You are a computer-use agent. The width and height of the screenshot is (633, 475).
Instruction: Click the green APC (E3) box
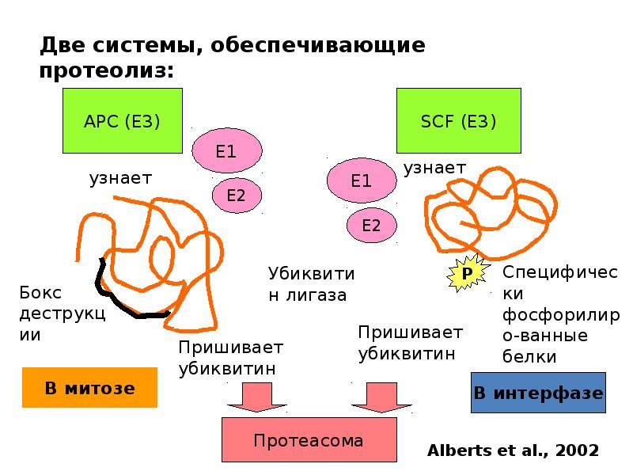coord(123,120)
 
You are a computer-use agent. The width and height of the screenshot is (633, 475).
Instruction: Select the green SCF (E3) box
coord(459,120)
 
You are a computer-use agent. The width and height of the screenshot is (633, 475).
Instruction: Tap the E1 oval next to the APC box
coord(226,150)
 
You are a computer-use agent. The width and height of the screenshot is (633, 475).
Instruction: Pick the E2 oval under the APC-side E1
coord(237,195)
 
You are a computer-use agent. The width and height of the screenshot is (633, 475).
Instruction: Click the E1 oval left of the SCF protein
coord(362,180)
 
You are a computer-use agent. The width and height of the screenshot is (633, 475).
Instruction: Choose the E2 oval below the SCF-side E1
coord(371,225)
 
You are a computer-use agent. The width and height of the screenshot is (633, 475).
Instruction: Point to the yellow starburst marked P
coord(468,273)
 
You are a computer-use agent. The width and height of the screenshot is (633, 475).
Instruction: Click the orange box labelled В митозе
coord(89,387)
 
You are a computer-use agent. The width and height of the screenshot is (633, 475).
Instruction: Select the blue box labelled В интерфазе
coord(538,393)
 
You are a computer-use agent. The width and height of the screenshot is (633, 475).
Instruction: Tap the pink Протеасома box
coord(309,439)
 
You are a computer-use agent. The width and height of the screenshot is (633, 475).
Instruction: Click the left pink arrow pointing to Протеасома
coord(256,397)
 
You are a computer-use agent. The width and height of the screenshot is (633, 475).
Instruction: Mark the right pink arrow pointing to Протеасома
coord(381,397)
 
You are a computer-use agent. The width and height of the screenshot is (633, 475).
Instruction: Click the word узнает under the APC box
coord(120,178)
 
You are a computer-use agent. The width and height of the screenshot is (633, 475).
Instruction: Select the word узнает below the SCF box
coord(434,168)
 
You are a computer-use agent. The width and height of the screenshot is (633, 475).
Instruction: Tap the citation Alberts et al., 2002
coord(513,450)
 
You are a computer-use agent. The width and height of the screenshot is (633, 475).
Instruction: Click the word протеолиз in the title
coord(107,70)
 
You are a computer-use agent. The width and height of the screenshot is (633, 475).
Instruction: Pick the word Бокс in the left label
coord(40,292)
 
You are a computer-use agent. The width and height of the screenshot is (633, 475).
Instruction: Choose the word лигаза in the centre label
coord(316,295)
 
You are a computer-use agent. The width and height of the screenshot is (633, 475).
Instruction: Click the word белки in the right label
coord(529,356)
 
